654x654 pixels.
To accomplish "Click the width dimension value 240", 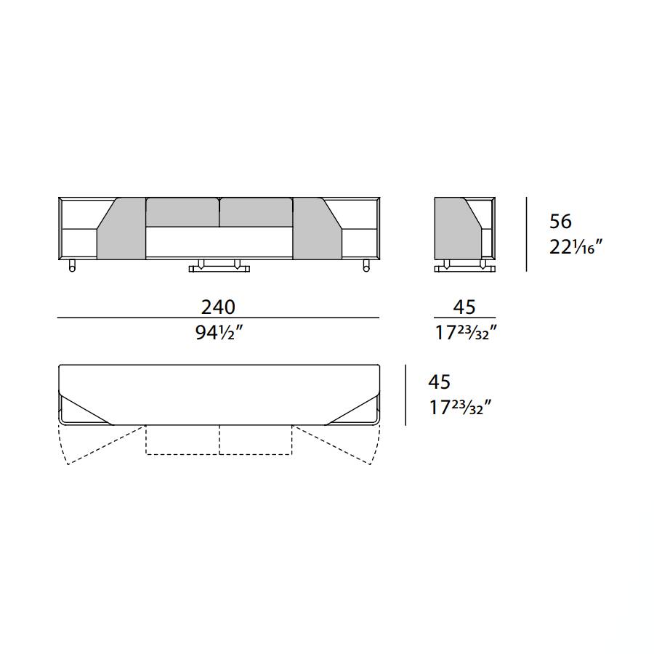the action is (218, 307).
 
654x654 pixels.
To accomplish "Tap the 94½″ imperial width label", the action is (219, 333).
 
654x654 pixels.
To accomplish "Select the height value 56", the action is (560, 222).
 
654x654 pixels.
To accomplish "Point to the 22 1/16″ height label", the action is (576, 247).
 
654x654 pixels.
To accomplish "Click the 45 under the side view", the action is (464, 307).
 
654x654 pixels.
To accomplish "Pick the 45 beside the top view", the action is (439, 381).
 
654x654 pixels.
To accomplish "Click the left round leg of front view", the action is (72, 266).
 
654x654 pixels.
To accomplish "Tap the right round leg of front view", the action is (366, 266).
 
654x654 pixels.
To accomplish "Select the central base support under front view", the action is (219, 266).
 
